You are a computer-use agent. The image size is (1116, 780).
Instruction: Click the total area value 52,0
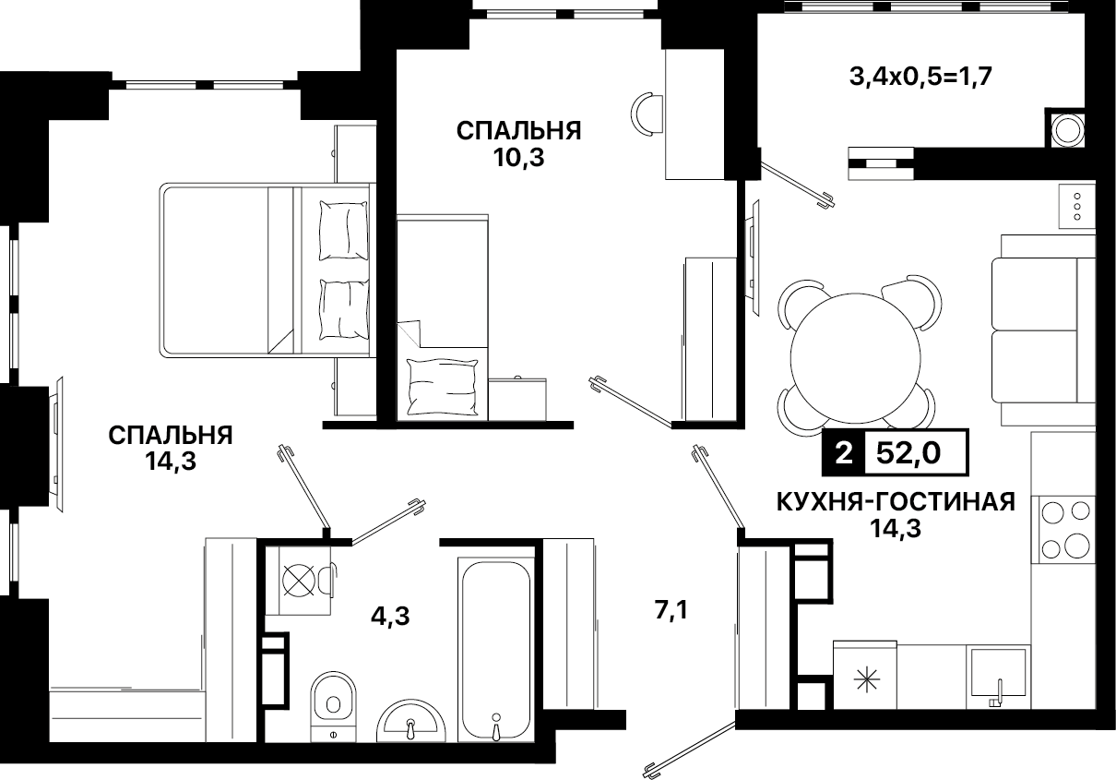908,453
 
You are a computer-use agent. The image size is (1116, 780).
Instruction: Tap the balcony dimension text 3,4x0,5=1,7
920,78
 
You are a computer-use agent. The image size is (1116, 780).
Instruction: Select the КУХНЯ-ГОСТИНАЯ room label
896,501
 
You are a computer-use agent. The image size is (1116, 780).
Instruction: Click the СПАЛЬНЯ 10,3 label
518,144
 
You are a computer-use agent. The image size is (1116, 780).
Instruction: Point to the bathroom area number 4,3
390,617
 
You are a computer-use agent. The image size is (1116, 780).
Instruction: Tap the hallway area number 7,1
671,609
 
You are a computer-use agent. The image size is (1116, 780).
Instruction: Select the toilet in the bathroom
333,706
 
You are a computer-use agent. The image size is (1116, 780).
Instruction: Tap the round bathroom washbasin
410,721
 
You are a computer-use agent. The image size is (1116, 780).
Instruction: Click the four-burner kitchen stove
1066,530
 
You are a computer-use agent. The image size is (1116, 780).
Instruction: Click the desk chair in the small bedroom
647,114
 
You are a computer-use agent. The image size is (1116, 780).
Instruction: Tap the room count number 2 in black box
844,453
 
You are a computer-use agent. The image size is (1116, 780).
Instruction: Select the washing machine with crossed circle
298,581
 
